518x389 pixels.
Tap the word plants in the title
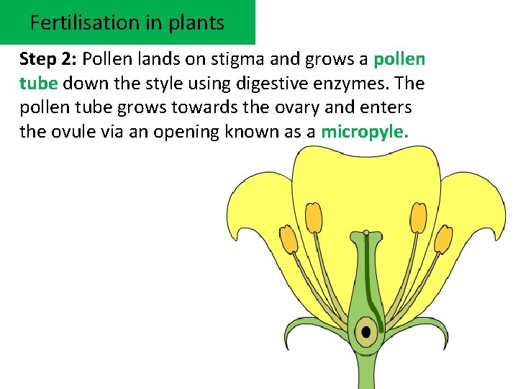coord(196,22)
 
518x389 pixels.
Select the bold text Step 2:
coord(48,59)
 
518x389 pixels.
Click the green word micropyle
coord(365,133)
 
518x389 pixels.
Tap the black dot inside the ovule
coord(366,332)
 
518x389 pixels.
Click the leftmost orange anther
coord(288,238)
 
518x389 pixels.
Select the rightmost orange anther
coord(443,238)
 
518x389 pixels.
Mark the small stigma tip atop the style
coord(366,233)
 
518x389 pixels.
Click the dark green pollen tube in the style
coord(367,274)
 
